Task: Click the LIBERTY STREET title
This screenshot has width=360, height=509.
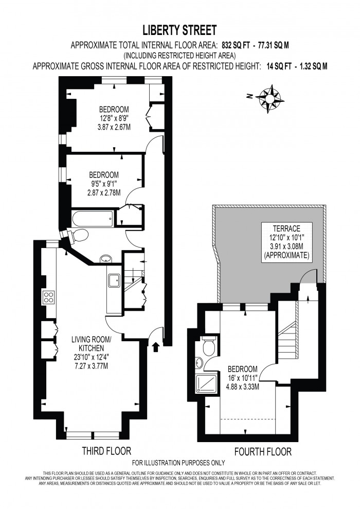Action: tap(179, 29)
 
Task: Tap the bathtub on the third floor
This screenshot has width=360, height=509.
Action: tap(93, 219)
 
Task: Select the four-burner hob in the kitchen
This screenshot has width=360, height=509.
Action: tap(49, 297)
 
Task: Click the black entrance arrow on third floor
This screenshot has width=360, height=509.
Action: tap(156, 347)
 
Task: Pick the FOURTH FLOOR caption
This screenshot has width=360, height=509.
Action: tap(263, 452)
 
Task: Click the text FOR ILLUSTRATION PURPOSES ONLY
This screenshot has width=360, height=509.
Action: tap(178, 463)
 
